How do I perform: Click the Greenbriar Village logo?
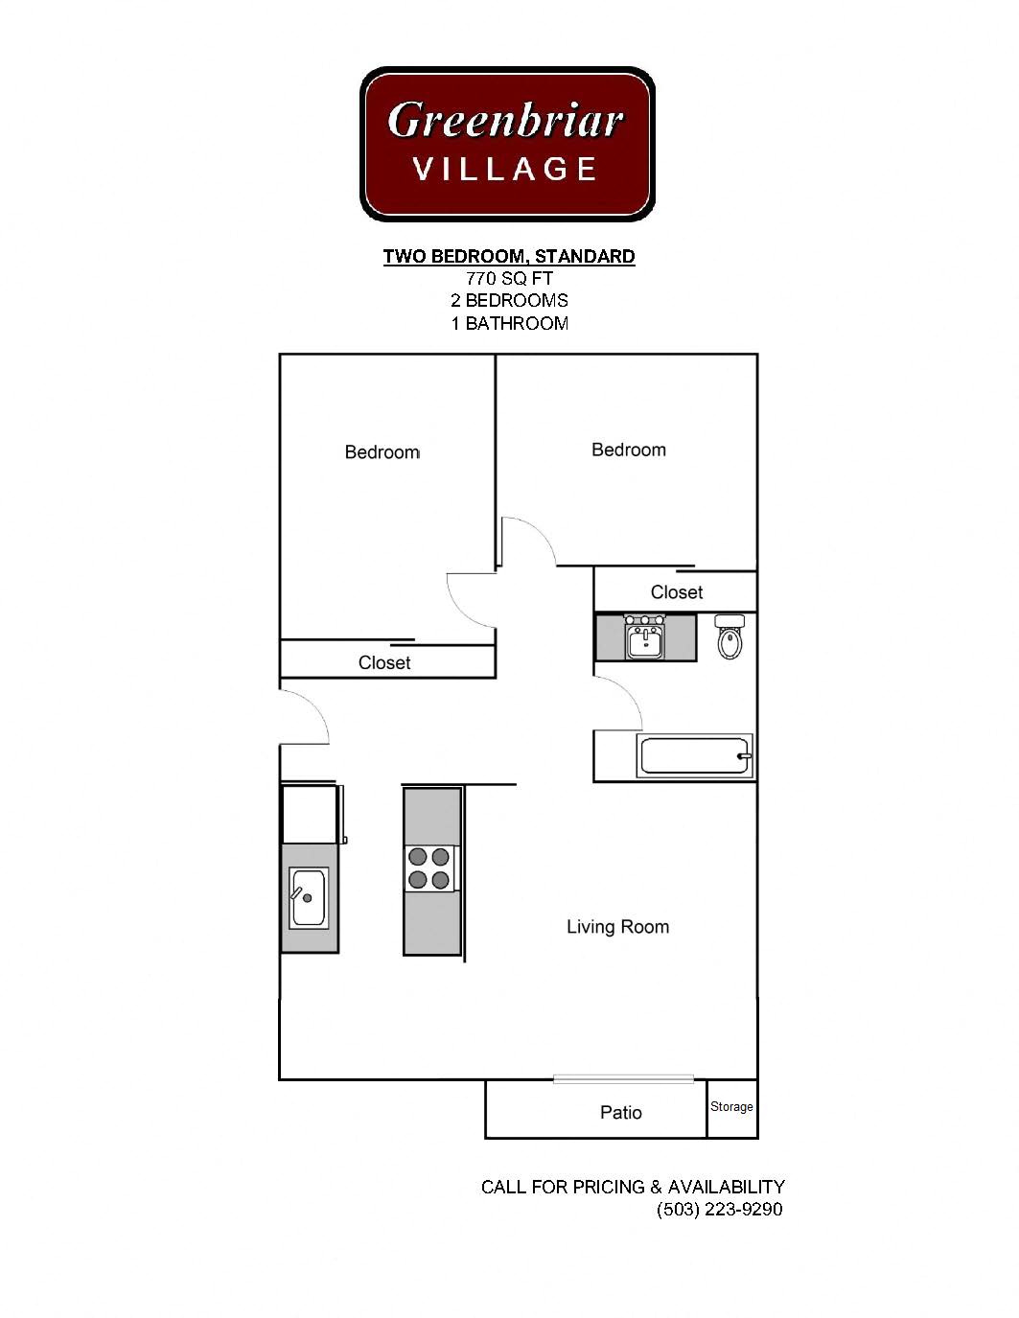coord(506,144)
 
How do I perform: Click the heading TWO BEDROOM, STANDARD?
coord(508,256)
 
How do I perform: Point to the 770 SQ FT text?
coord(509,279)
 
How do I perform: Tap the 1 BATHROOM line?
coord(509,323)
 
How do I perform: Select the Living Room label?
coord(617,927)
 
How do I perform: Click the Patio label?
coord(620,1112)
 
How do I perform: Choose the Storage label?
coord(731,1106)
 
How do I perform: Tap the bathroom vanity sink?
coord(645,638)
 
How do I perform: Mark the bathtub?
coord(695,755)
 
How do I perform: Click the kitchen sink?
coord(309,897)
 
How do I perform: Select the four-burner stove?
coord(429,868)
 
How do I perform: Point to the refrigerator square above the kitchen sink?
coord(309,814)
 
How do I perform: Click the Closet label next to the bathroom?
coord(676,592)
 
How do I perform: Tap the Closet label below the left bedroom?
coord(384,662)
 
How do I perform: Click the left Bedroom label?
coord(382,452)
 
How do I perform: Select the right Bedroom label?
coord(628,450)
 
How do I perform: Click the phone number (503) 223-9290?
coord(719,1209)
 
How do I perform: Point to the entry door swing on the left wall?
coord(305,714)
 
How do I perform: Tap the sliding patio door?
coord(623,1079)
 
